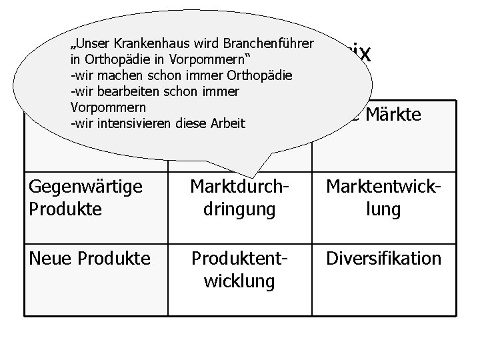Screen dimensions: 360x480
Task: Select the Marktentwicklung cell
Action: [x=383, y=199]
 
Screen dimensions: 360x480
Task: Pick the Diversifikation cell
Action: [x=383, y=259]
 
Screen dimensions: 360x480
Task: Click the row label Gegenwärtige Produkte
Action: [x=86, y=199]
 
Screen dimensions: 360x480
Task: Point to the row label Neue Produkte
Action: [x=90, y=259]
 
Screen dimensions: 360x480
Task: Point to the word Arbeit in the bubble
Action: [x=228, y=123]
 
